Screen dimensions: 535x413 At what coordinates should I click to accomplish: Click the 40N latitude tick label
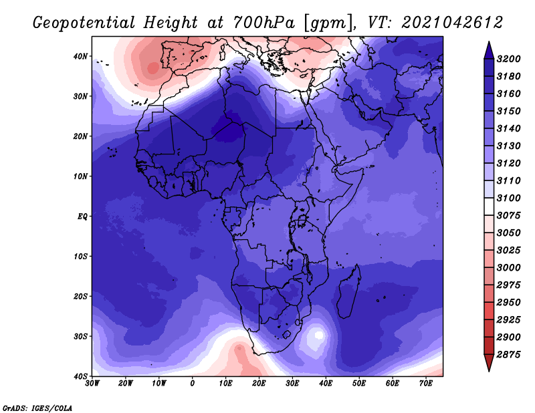(x=80, y=56)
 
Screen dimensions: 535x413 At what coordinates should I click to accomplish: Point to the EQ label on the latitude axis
(x=82, y=217)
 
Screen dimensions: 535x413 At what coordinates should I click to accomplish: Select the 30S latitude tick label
(x=80, y=336)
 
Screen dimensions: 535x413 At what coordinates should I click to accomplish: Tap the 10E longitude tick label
(x=225, y=384)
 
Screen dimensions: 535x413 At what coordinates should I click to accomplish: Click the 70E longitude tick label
(x=426, y=384)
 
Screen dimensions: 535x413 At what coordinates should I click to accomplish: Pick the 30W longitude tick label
(x=92, y=384)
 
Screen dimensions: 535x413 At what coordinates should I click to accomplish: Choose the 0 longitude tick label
(x=193, y=384)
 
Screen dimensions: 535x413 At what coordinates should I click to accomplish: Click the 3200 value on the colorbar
(x=508, y=59)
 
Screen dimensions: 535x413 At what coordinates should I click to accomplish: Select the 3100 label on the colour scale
(x=508, y=198)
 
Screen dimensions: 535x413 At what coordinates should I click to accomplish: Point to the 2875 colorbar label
(x=508, y=355)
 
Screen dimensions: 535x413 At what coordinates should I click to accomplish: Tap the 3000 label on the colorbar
(x=508, y=268)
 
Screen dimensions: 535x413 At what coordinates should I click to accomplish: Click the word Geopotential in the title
(x=84, y=23)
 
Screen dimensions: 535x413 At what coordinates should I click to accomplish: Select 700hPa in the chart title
(x=263, y=23)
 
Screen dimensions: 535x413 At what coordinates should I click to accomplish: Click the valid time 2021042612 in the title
(x=452, y=23)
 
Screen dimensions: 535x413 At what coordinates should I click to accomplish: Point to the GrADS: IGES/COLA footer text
(x=37, y=408)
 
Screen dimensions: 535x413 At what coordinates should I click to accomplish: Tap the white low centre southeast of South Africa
(x=319, y=335)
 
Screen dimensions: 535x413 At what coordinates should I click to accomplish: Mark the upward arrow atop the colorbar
(x=489, y=50)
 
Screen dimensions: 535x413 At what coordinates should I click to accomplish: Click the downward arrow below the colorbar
(x=489, y=363)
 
